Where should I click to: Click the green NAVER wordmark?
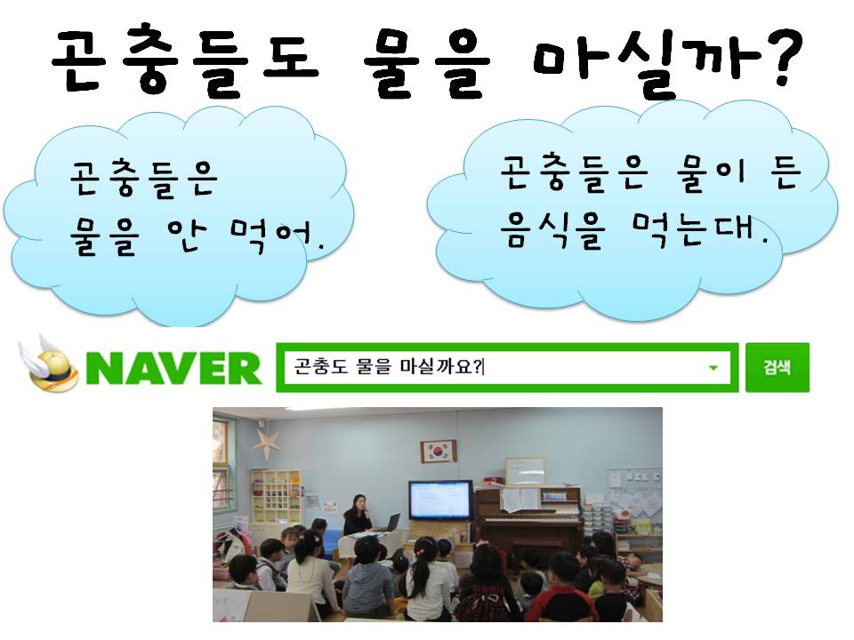[x=173, y=368]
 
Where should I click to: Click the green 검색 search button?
[x=777, y=367]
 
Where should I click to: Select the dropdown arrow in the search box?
[x=713, y=368]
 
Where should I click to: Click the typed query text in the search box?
[x=388, y=367]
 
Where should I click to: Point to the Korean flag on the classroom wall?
[x=438, y=452]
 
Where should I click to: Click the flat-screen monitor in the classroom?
[x=440, y=500]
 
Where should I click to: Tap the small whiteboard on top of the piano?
[x=525, y=471]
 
